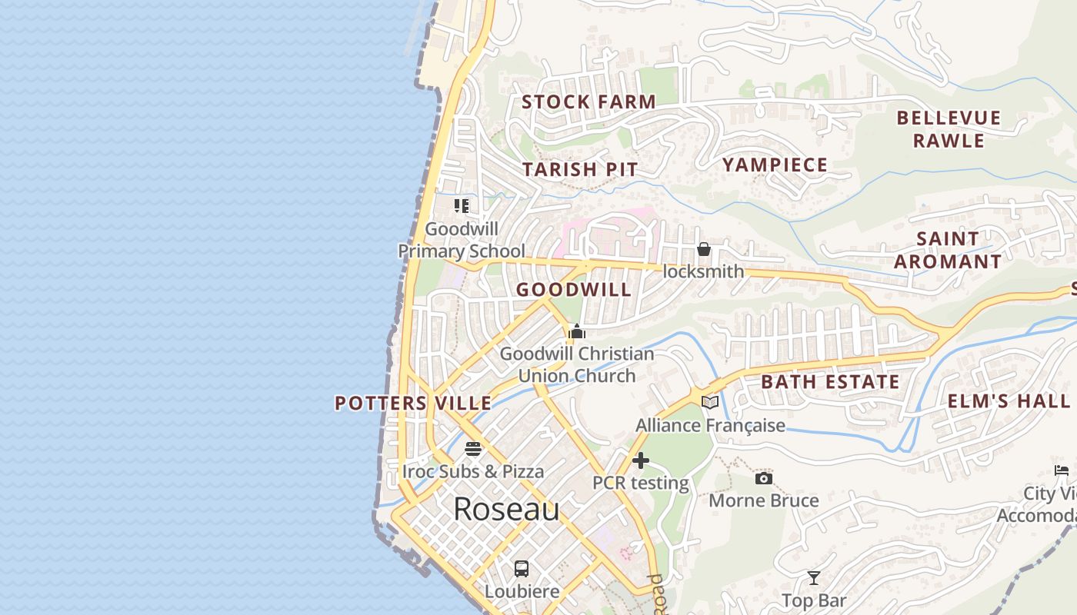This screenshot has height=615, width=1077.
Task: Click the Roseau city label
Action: pyautogui.click(x=506, y=509)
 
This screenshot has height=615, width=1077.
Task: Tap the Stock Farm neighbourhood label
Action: pyautogui.click(x=589, y=101)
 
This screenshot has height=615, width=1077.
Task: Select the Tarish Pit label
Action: pyautogui.click(x=580, y=169)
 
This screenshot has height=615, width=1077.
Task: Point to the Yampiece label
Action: pyautogui.click(x=775, y=165)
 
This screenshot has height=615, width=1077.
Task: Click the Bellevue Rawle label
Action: pyautogui.click(x=949, y=129)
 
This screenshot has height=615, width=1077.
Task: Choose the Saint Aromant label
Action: pyautogui.click(x=948, y=250)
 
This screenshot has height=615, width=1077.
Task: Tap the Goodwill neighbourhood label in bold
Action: pyautogui.click(x=574, y=290)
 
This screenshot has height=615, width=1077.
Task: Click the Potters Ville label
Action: pyautogui.click(x=413, y=403)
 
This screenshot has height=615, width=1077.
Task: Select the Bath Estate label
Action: pyautogui.click(x=830, y=382)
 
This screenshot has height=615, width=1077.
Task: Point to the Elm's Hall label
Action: pyautogui.click(x=1008, y=401)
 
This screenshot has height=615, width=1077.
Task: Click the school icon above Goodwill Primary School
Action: pyautogui.click(x=462, y=205)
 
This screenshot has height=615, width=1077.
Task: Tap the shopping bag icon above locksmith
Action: pyautogui.click(x=703, y=249)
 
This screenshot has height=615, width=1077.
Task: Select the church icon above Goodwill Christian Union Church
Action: pyautogui.click(x=576, y=331)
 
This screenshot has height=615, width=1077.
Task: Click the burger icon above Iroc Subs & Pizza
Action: pyautogui.click(x=473, y=448)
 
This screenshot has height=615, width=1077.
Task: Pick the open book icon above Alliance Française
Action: pyautogui.click(x=710, y=402)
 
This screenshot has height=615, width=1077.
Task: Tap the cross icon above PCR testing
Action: pyautogui.click(x=640, y=460)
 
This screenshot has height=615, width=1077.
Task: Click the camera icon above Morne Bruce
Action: pyautogui.click(x=763, y=478)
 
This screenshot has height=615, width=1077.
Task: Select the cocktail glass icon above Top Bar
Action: pyautogui.click(x=814, y=578)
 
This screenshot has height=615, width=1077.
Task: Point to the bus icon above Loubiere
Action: pyautogui.click(x=522, y=569)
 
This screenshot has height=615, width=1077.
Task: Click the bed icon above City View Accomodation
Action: pyautogui.click(x=1062, y=470)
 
